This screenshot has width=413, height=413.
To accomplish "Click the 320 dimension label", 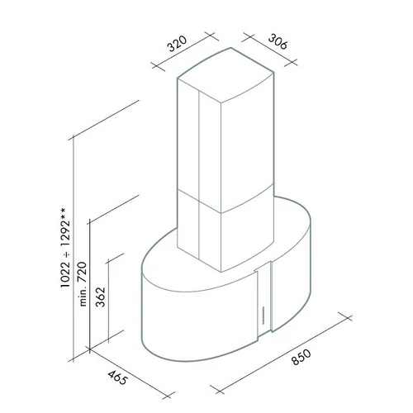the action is pos(177,44).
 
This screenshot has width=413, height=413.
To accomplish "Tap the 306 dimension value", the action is pos(278,41).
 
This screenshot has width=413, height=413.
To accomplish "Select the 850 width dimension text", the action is pos(301,357).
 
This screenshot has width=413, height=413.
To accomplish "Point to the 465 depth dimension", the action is pos(118,377).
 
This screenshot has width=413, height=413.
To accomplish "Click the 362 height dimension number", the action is pos(101,297).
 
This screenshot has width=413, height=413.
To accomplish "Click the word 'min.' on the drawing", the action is pos(83,297).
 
